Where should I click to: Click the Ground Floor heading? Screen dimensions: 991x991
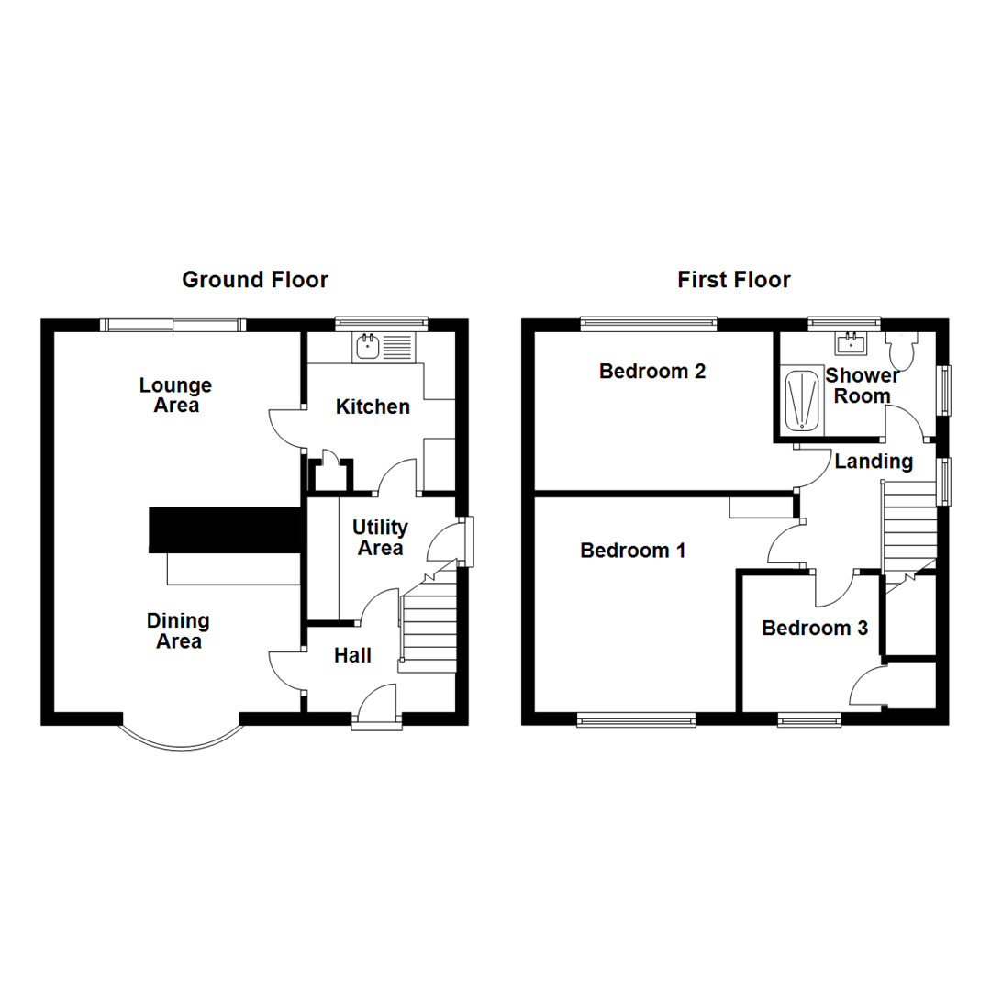pos(255,280)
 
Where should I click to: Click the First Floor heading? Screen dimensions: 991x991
pos(734,280)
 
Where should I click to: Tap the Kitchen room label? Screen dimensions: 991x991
pos(373,406)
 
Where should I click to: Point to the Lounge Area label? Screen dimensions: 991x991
pos(175,395)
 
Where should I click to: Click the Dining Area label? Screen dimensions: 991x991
pos(178,630)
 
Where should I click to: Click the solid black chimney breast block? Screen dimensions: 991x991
pos(225,529)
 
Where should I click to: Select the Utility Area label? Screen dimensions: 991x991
pos(380,537)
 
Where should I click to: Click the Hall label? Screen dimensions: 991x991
pos(352,655)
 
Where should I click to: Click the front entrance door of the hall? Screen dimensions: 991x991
pos(377,707)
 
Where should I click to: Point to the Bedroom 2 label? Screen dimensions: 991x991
pos(652,371)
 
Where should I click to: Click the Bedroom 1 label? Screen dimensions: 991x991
pos(632,551)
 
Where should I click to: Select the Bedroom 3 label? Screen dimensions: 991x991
pos(815,629)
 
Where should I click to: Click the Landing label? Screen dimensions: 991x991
pos(874,462)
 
